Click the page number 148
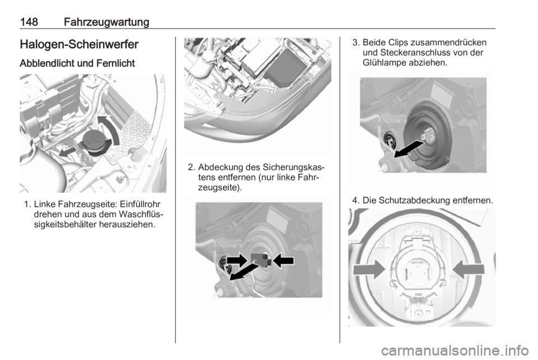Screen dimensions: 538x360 [29, 22]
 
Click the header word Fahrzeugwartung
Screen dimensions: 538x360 [106, 22]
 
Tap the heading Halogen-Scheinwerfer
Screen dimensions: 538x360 [79, 45]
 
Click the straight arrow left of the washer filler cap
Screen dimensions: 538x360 [68, 151]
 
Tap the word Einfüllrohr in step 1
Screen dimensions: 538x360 [141, 205]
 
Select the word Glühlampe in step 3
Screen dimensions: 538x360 [384, 63]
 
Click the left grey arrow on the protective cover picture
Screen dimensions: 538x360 [369, 269]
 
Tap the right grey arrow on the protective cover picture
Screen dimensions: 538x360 [469, 269]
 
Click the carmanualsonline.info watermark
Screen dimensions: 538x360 [454, 350]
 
